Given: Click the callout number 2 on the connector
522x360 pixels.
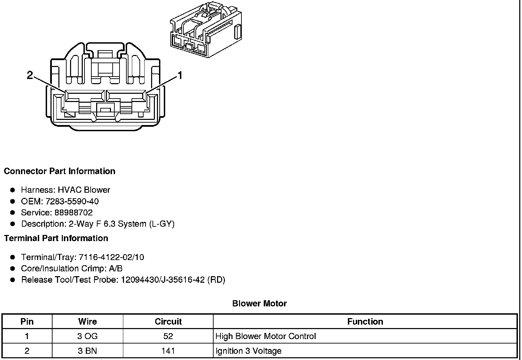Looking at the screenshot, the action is (x=30, y=75).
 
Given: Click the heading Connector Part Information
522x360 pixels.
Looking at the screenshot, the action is (x=59, y=171).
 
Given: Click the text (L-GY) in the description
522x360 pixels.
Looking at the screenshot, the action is (x=161, y=224).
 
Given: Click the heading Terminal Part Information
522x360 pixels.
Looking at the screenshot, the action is (x=56, y=238).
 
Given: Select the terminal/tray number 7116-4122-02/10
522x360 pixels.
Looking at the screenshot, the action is (x=111, y=257).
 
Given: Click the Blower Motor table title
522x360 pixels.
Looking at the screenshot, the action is (x=259, y=303).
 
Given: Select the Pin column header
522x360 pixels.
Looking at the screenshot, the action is (x=27, y=322).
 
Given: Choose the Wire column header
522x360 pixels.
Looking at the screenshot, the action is (x=88, y=322).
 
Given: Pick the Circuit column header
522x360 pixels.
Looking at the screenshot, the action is (x=168, y=322).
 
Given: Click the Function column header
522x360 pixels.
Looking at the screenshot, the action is (x=365, y=322).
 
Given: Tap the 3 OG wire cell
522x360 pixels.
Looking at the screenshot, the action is (x=88, y=336).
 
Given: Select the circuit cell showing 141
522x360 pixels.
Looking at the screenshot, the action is (x=168, y=351).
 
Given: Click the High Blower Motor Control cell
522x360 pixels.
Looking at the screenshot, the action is (x=265, y=336).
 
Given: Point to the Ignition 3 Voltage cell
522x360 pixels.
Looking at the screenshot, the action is (x=248, y=351).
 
